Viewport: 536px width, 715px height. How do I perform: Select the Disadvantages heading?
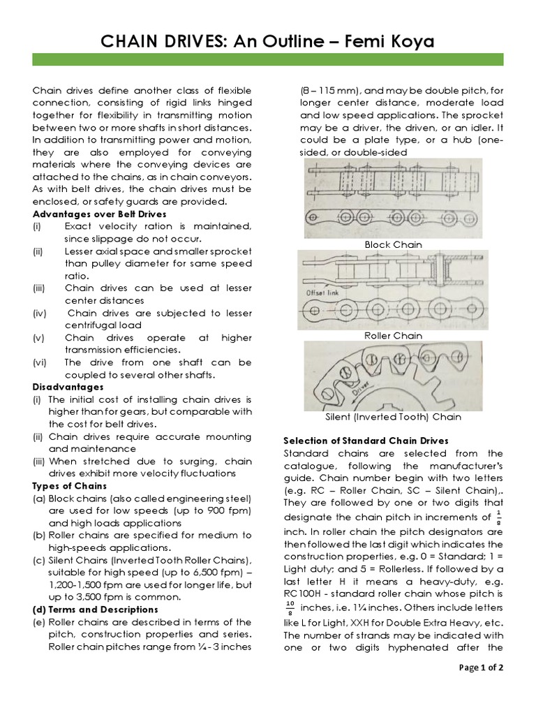pos(68,387)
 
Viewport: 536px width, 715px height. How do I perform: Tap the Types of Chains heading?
pos(70,486)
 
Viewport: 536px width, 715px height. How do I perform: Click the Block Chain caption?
pos(394,244)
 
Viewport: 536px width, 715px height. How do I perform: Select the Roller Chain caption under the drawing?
pos(394,336)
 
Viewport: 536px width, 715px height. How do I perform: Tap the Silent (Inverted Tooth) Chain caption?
pos(393,417)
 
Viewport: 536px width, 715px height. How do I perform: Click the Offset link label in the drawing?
pos(322,293)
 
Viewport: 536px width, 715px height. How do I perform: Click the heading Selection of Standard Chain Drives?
pos(365,441)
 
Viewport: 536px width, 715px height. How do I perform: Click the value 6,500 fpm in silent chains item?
pos(199,573)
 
